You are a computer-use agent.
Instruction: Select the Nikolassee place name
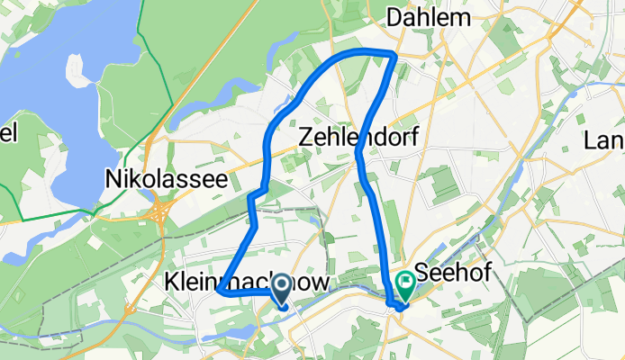coord(166,177)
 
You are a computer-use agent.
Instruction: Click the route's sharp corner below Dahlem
coord(394,57)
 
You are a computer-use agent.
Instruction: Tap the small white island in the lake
coord(79,75)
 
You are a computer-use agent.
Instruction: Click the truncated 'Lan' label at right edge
coord(604,140)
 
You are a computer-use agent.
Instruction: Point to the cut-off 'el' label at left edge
coord(8,135)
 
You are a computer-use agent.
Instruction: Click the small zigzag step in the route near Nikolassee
coord(257,192)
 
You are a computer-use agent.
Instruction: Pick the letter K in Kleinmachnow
coord(171,283)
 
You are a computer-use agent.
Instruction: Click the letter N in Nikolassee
coord(113,177)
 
